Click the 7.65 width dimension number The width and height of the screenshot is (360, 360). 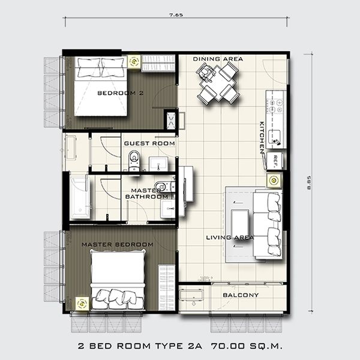pyautogui.click(x=176, y=15)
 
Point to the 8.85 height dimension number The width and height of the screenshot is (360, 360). pyautogui.click(x=309, y=182)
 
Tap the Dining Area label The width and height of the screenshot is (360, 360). pyautogui.click(x=218, y=59)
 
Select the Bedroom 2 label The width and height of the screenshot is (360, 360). pyautogui.click(x=121, y=93)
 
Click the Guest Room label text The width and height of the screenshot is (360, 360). pyautogui.click(x=149, y=143)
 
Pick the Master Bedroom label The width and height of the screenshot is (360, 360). pyautogui.click(x=118, y=245)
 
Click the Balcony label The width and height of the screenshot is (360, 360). pyautogui.click(x=241, y=295)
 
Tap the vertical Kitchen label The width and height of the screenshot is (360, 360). pyautogui.click(x=262, y=138)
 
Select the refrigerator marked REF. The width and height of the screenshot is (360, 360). pyautogui.click(x=275, y=161)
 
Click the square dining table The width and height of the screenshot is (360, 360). pyautogui.click(x=218, y=84)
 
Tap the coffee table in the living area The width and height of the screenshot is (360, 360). pyautogui.click(x=240, y=221)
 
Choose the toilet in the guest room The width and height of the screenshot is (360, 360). pyautogui.click(x=133, y=161)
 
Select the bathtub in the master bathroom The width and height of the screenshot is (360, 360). pyautogui.click(x=79, y=198)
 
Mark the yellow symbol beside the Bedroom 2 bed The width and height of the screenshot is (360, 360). pyautogui.click(x=134, y=62)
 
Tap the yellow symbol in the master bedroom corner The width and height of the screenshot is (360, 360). pyautogui.click(x=82, y=304)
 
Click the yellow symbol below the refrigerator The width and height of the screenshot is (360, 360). pyautogui.click(x=274, y=181)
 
